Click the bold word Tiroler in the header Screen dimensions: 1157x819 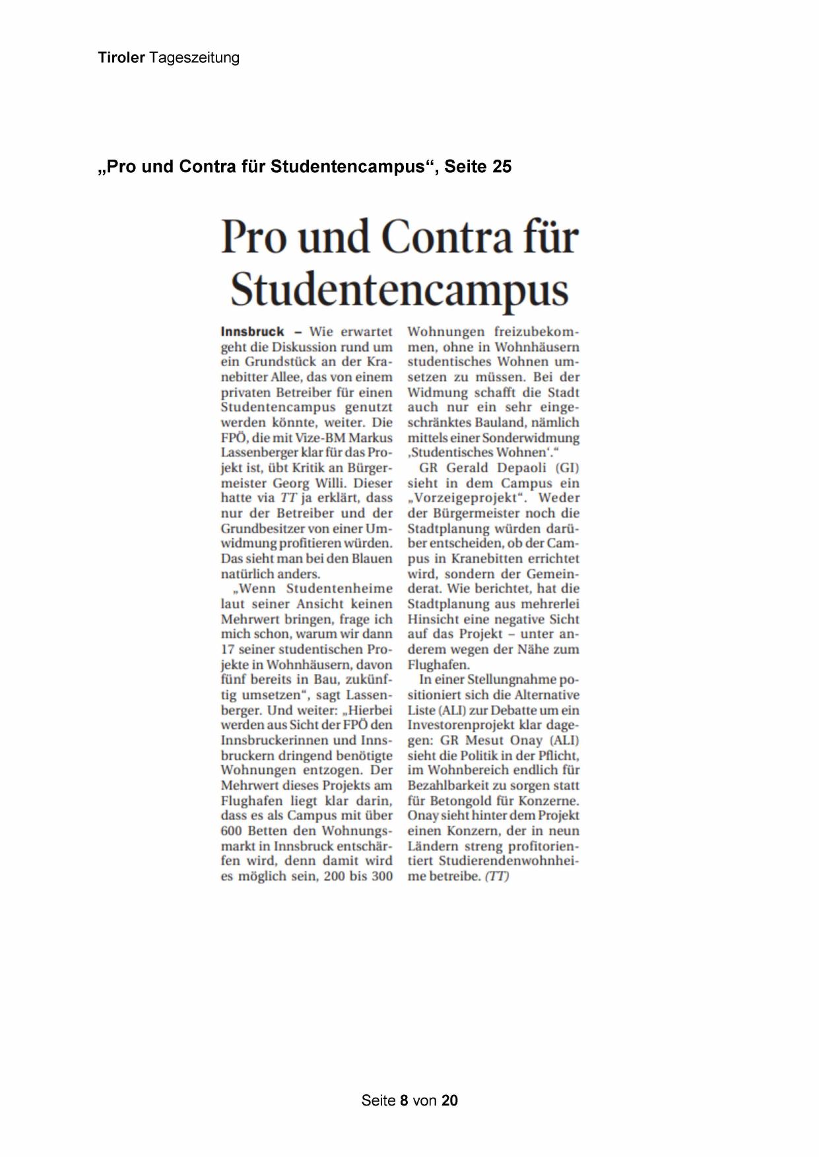(121, 58)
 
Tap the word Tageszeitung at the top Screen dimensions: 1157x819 (194, 58)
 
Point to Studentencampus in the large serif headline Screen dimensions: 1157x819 (399, 290)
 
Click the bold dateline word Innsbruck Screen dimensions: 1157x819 (252, 332)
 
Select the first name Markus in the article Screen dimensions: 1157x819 (370, 438)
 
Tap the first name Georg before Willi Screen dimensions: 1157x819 (291, 483)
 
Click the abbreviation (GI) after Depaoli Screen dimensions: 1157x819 (567, 468)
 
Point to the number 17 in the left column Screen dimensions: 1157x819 (228, 649)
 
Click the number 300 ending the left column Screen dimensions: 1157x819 (381, 876)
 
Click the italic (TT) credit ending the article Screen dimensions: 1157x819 (497, 877)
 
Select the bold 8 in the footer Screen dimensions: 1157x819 (405, 1100)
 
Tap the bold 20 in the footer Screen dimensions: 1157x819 (449, 1100)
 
